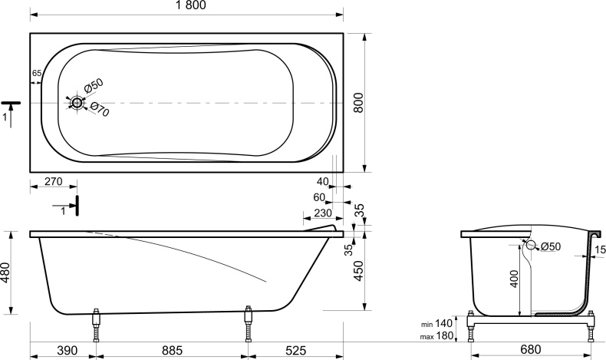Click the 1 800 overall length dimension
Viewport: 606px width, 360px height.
pos(190,5)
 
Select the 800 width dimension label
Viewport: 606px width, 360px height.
pos(359,102)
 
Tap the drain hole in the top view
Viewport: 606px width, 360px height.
pos(77,103)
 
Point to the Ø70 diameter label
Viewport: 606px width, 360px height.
pos(100,109)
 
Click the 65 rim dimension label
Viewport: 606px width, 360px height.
pos(36,73)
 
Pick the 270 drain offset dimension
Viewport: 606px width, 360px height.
pos(54,181)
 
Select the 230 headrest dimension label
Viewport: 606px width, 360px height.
pos(323,213)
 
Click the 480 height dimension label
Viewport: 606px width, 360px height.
pos(5,272)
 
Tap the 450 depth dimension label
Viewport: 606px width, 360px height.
pos(359,271)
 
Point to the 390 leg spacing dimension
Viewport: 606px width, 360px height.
pos(68,350)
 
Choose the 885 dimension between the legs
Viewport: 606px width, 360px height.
pos(172,350)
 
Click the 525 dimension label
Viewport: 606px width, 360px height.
pos(295,350)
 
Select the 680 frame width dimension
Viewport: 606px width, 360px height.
pos(531,349)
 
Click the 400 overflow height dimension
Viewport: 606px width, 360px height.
pos(514,279)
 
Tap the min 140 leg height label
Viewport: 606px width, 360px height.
pos(437,323)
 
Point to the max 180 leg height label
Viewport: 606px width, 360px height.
pos(436,336)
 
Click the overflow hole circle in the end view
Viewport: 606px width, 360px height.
pos(531,245)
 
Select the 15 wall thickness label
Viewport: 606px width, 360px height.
pos(600,249)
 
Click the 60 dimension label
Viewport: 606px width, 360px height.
pos(319,197)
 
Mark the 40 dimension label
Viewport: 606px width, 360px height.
pos(323,181)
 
